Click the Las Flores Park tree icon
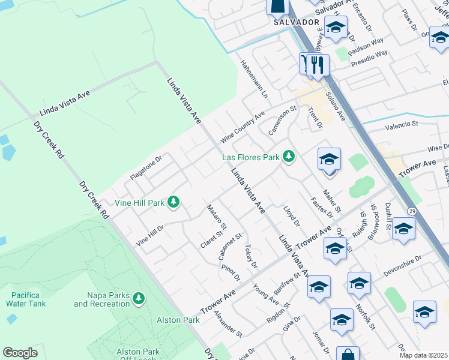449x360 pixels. click(x=289, y=157)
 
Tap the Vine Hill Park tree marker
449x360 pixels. click(x=173, y=202)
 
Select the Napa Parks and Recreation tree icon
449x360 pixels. click(x=139, y=298)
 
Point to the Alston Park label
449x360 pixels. click(x=178, y=320)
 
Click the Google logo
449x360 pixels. click(x=20, y=353)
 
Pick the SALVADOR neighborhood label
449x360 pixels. click(x=296, y=22)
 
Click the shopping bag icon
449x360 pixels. click(x=347, y=355)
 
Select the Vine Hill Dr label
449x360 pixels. click(x=150, y=235)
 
